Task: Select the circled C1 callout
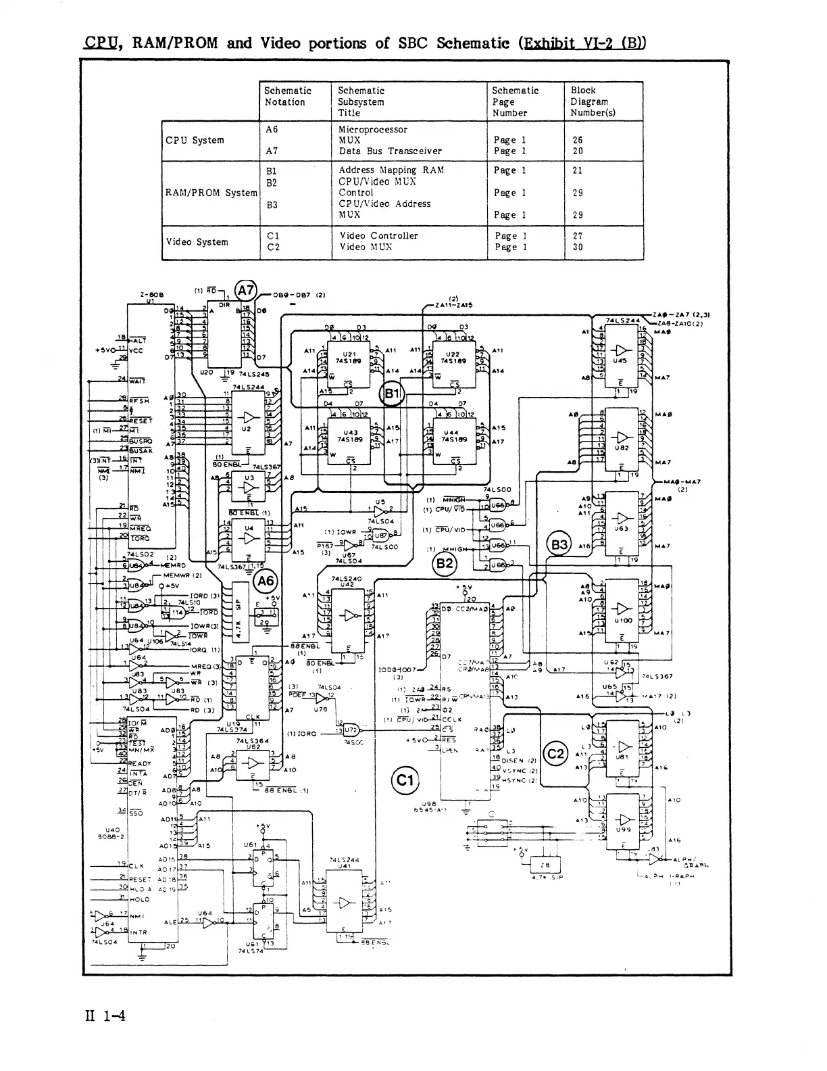click(x=405, y=781)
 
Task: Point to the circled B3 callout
click(x=559, y=545)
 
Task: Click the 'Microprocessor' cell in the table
click(x=373, y=129)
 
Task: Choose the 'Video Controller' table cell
click(x=379, y=236)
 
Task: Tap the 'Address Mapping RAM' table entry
click(x=391, y=170)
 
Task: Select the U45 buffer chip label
click(x=620, y=361)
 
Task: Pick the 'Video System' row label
click(x=197, y=242)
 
